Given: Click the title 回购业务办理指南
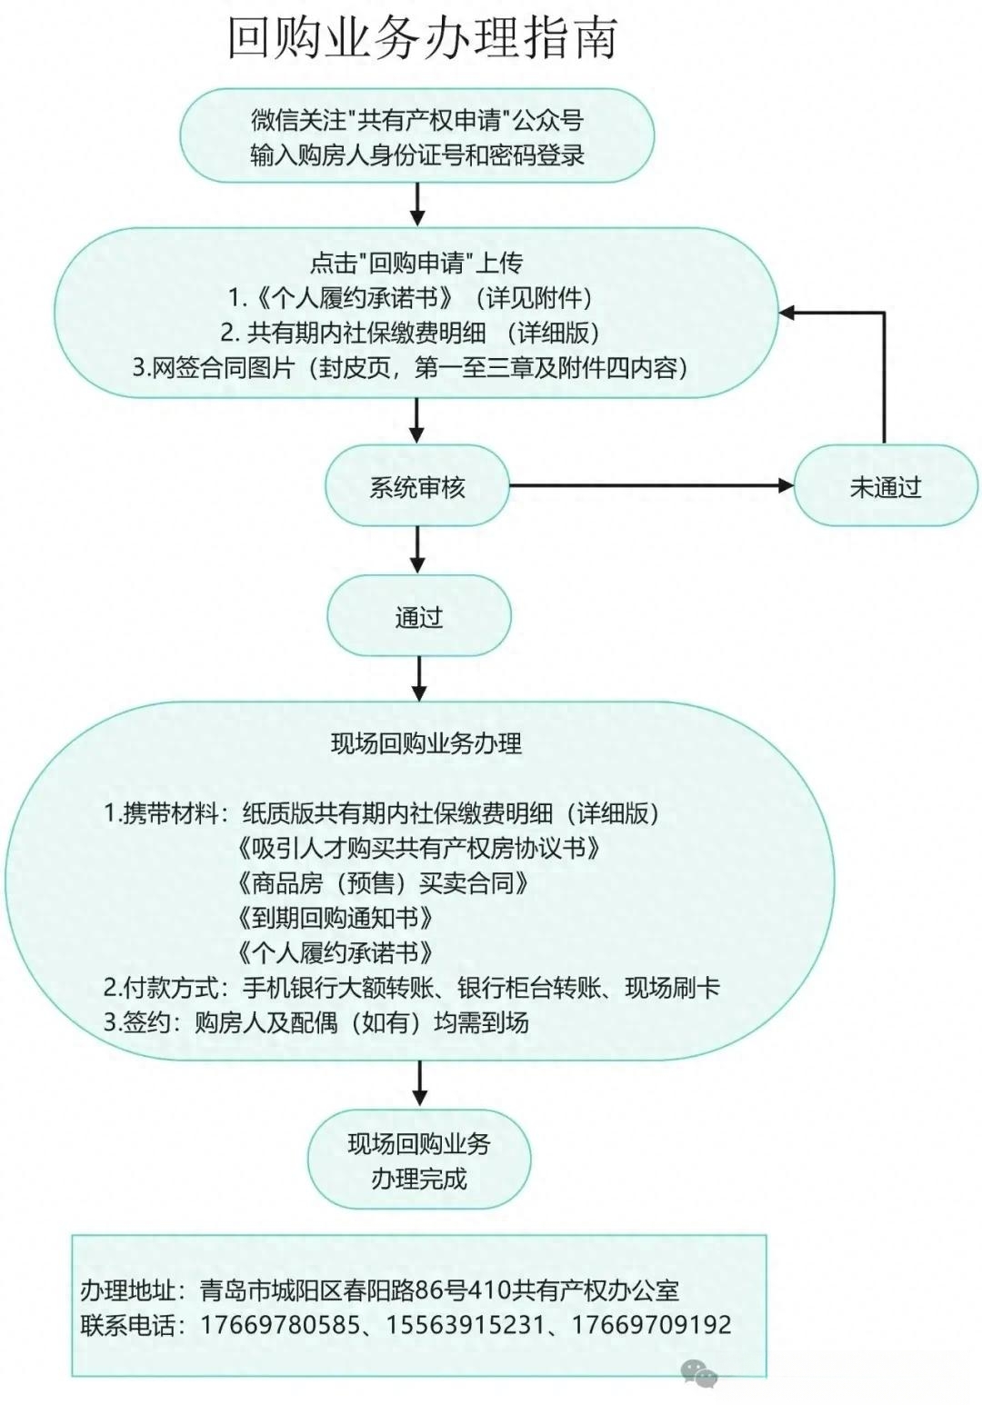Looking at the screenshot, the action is coord(422,39).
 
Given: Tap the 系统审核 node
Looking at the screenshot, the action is coord(416,485).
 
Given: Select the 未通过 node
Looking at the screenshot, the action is coord(886,485).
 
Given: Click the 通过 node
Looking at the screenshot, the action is coord(418,615).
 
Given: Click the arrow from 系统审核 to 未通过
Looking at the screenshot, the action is coord(651,485).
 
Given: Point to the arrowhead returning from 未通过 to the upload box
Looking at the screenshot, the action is coord(787,313).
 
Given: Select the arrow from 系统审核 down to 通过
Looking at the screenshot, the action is coord(416,550).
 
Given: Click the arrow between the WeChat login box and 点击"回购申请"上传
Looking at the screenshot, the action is coord(416,204).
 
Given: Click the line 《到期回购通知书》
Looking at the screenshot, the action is coord(335,917).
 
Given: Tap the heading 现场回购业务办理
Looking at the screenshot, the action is coord(426,743).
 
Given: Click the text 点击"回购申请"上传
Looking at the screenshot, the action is coord(416,263).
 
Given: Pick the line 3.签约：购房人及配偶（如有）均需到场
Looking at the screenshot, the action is coord(316,1022).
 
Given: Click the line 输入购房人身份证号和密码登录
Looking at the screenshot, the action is coord(416,154).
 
